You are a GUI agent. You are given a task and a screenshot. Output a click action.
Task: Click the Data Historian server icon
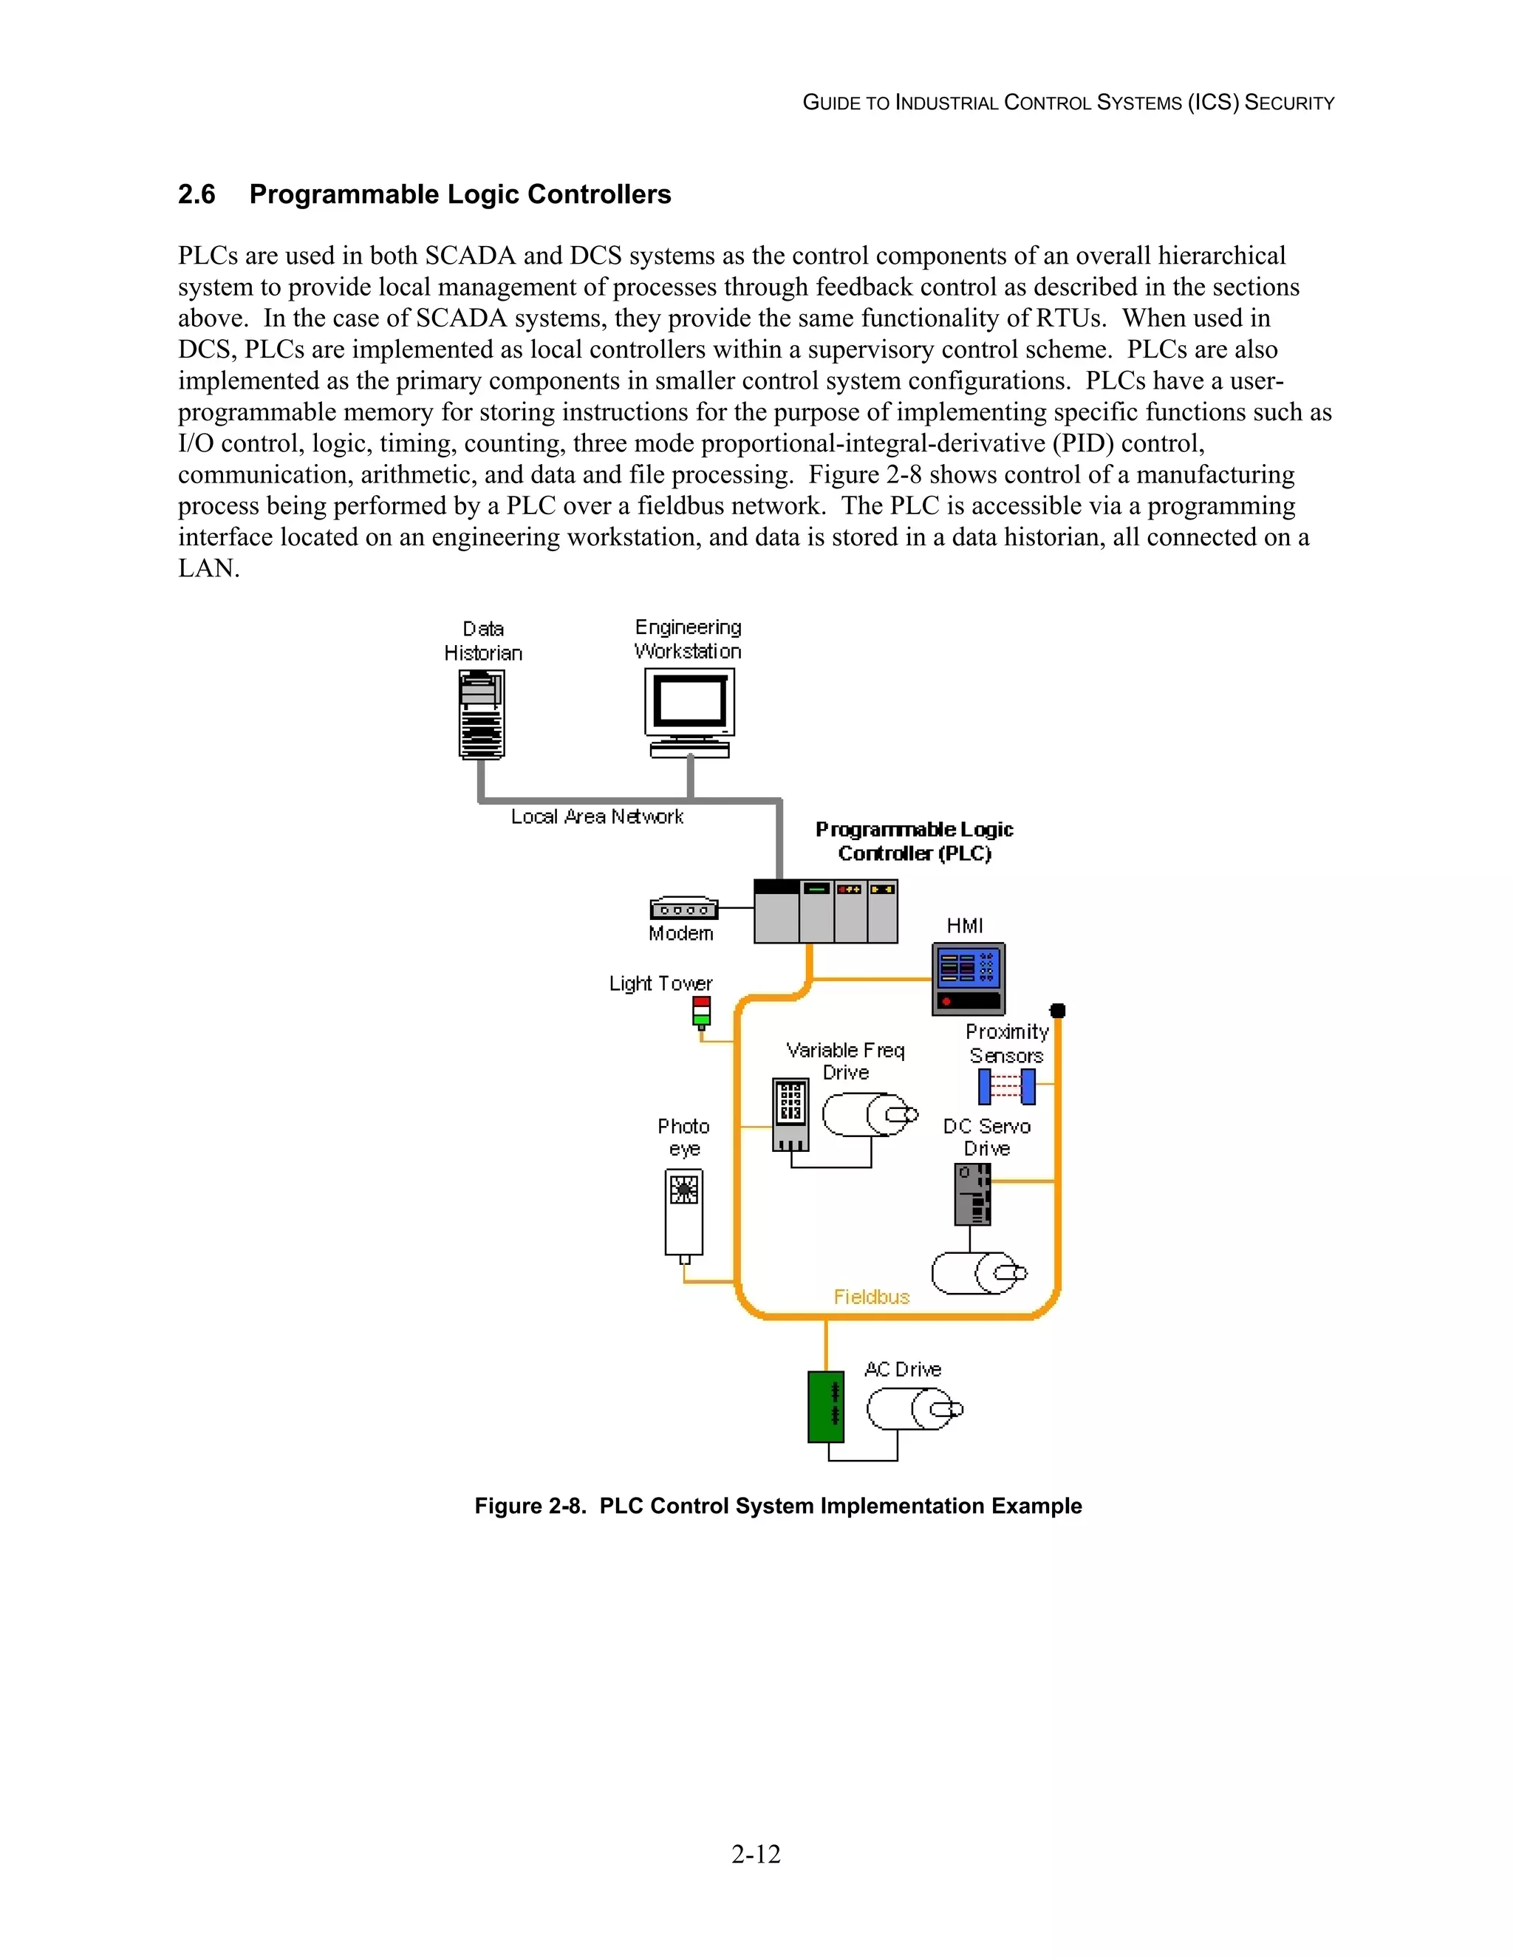click(482, 714)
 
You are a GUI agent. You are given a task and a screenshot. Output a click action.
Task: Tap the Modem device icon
click(684, 908)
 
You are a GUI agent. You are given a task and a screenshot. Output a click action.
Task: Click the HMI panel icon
click(968, 978)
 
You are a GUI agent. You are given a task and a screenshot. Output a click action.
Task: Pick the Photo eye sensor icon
click(684, 1212)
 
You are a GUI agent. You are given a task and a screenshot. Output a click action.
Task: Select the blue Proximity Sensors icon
click(1007, 1087)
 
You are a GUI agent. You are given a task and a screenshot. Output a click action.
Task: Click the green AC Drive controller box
click(825, 1407)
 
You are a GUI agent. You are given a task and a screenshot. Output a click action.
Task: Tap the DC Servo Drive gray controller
click(972, 1194)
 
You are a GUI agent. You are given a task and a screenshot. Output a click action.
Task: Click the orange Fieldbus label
click(871, 1297)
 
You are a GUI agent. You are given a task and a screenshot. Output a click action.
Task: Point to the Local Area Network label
click(597, 816)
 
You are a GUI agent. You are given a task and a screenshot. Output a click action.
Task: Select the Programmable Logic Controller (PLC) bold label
click(915, 841)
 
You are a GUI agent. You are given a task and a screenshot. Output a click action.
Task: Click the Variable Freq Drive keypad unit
click(790, 1113)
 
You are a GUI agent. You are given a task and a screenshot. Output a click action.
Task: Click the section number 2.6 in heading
click(197, 194)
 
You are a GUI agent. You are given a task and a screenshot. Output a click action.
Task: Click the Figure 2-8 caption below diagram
click(778, 1506)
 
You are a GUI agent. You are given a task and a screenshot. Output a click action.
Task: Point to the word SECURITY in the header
click(1289, 103)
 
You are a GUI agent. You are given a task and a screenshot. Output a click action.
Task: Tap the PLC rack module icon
click(825, 911)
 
